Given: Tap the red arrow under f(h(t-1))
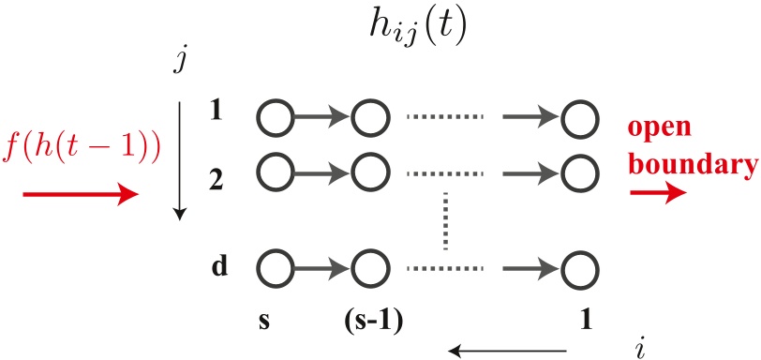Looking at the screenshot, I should point(79,195).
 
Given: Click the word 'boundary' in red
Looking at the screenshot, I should point(693,165).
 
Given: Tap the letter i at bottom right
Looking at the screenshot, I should point(639,348).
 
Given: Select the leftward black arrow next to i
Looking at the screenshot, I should point(511,351).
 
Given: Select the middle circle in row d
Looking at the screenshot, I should point(368,270).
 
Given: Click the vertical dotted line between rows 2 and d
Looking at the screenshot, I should point(446,222).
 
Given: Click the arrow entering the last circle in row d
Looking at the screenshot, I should point(531,270).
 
